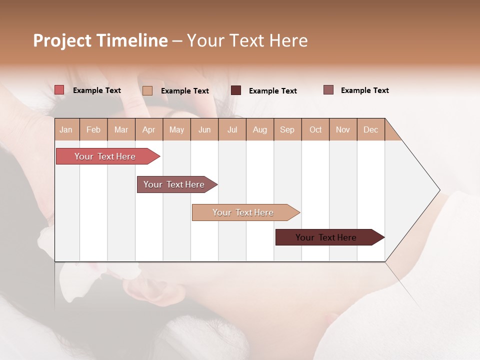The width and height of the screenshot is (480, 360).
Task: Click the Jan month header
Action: [x=66, y=129]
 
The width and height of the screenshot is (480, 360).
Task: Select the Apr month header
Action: [x=149, y=129]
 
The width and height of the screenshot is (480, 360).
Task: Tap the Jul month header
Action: [x=232, y=129]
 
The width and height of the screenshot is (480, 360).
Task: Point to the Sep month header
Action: [x=287, y=129]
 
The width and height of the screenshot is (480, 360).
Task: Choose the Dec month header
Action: [x=370, y=129]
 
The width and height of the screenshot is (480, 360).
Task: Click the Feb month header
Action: [x=93, y=129]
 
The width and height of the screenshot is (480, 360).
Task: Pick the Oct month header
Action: [x=315, y=129]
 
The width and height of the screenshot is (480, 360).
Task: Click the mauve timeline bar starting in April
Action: [x=175, y=184]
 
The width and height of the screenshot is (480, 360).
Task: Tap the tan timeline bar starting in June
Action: [x=244, y=212]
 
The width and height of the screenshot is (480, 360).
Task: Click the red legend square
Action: [x=59, y=90]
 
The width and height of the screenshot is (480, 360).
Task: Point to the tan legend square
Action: [x=147, y=90]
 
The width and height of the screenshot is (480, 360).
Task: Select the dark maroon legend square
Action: [x=236, y=90]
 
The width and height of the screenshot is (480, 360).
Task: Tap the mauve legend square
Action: [x=328, y=90]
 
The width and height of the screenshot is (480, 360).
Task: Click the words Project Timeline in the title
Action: [x=100, y=40]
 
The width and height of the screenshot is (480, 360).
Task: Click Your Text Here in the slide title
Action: [x=247, y=40]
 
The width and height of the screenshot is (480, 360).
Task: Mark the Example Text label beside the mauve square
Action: [x=364, y=90]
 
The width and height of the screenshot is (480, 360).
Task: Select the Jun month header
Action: [x=204, y=129]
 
